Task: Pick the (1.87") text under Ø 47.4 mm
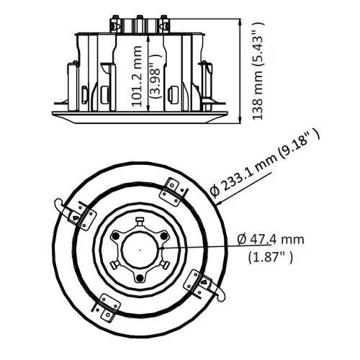point(270,256)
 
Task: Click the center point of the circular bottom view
point(135,247)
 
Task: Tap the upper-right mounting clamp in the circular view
point(173,189)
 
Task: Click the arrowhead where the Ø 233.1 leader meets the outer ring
point(214,204)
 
